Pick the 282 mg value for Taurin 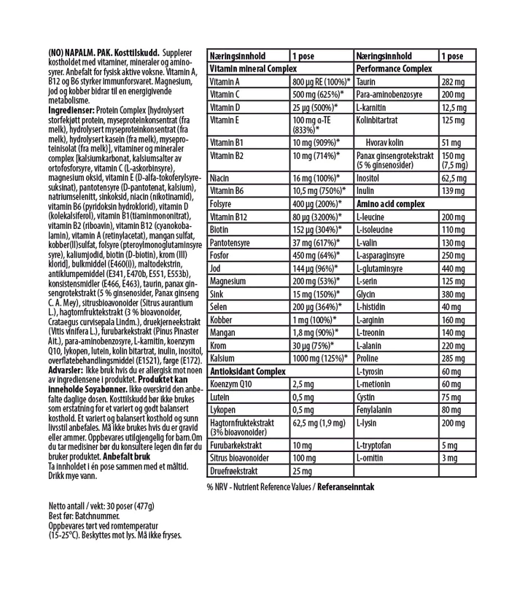click(x=453, y=82)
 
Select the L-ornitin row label click(x=371, y=457)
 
